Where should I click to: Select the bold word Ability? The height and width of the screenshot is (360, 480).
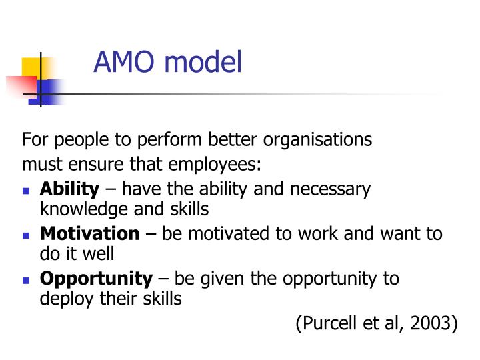coord(69,189)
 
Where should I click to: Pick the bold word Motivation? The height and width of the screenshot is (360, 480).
coord(90,233)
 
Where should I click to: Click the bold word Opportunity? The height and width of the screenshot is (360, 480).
coord(96,278)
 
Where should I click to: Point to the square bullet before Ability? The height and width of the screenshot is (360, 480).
coord(27,191)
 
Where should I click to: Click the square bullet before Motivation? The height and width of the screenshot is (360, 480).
coord(27,235)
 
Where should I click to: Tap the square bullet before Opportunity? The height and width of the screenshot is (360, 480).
coord(27,280)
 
